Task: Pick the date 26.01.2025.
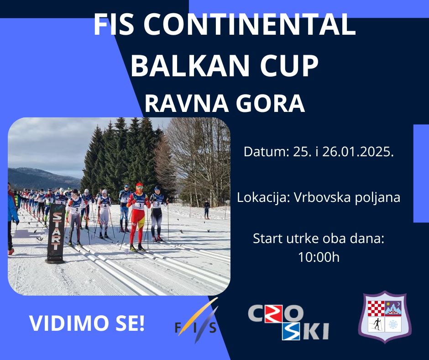[x=358, y=152]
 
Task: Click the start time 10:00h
[x=319, y=257]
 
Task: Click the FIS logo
[x=196, y=321]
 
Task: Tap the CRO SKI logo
[x=288, y=322]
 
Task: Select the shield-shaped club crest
[x=385, y=317]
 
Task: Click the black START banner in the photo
[x=56, y=233]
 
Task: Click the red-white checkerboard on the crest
[x=376, y=308]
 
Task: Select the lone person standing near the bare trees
[x=207, y=210]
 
